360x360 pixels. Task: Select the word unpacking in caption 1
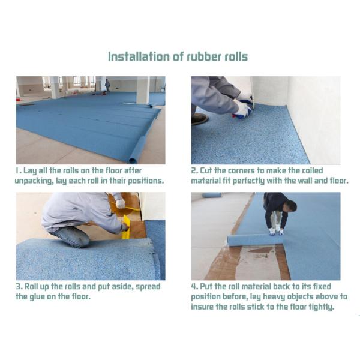coord(40,181)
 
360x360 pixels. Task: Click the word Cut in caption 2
coord(209,170)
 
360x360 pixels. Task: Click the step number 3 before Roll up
coord(19,286)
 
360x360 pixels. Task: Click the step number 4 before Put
coord(194,286)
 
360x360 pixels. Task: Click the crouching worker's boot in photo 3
coord(71,236)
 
